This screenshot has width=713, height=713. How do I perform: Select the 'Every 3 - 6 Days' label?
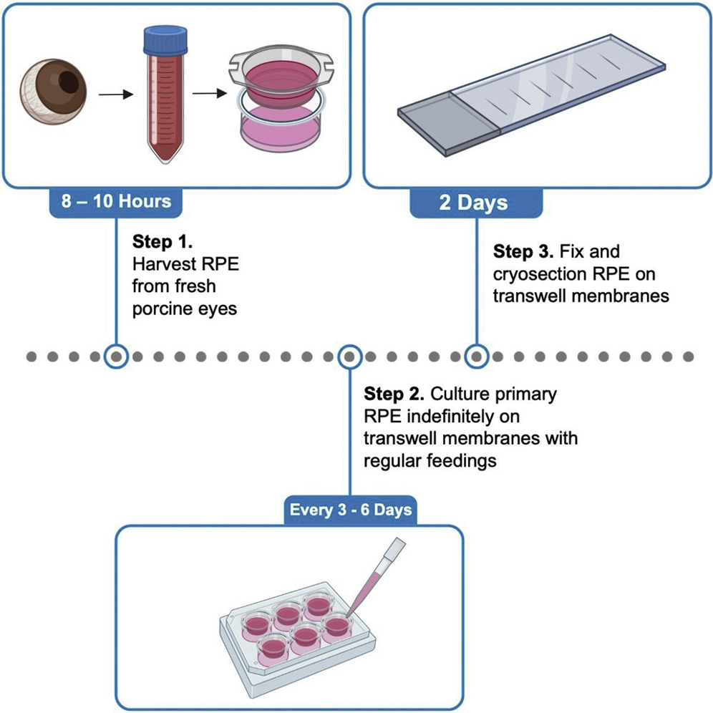(350, 510)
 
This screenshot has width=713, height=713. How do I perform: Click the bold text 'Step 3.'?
(523, 252)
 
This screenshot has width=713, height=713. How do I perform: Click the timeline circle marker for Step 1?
(116, 356)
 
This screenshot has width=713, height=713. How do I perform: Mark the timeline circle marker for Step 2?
(349, 356)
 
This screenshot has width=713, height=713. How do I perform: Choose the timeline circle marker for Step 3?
(477, 356)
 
